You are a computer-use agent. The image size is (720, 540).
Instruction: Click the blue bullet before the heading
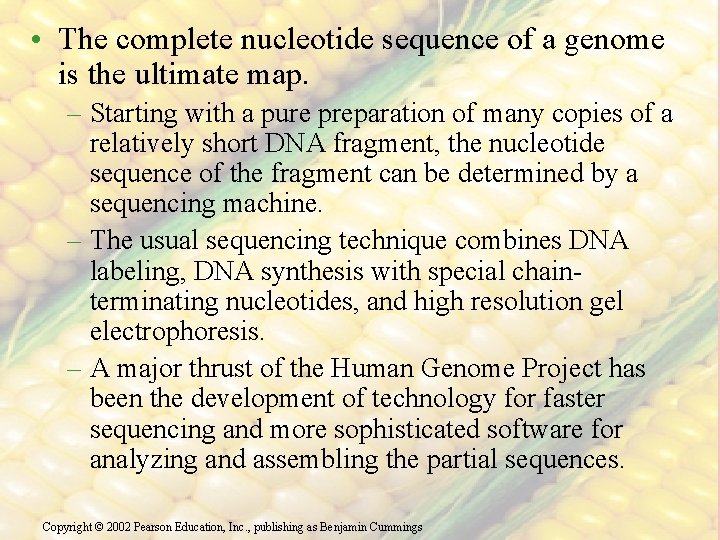pyautogui.click(x=36, y=41)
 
